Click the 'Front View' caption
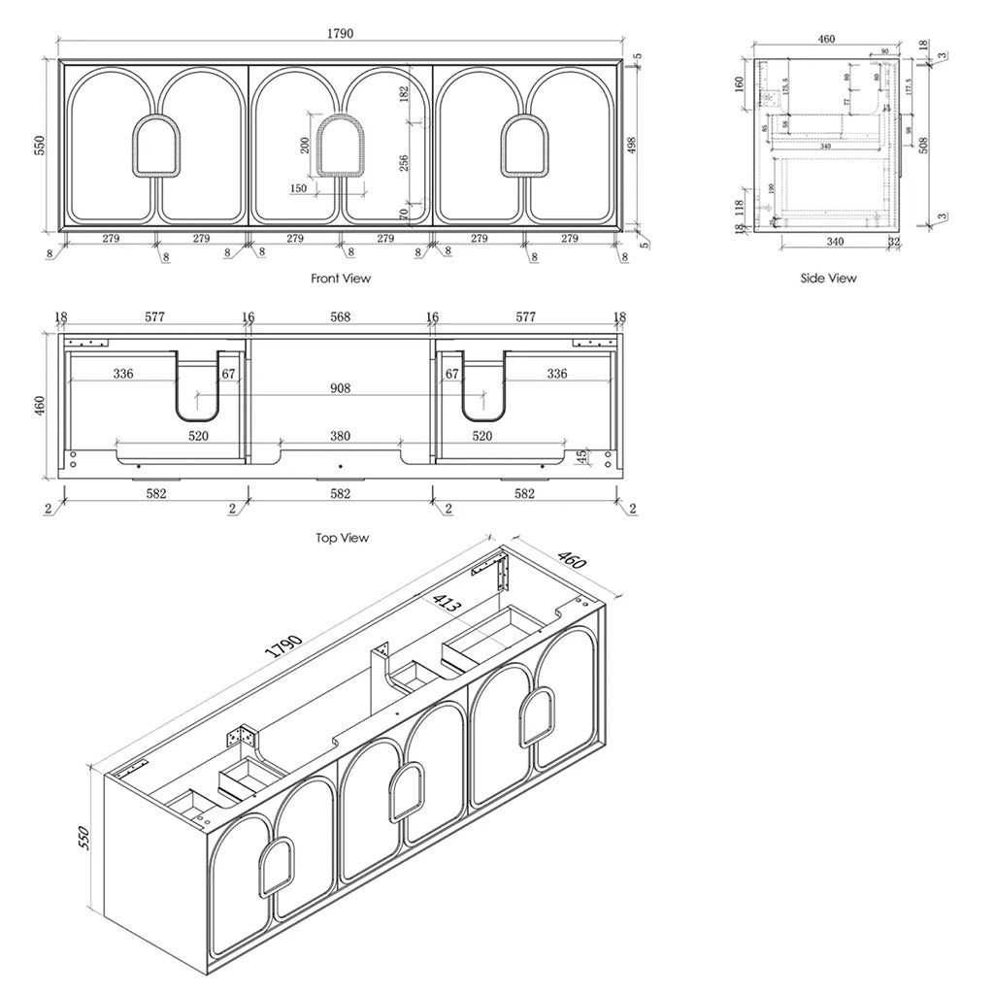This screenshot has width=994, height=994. [x=341, y=279]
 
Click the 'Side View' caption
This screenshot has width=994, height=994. [x=828, y=279]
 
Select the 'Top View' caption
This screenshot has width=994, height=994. [x=342, y=538]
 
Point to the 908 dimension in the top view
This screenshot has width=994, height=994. [x=339, y=388]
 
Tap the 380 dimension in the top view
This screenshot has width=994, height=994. [x=339, y=437]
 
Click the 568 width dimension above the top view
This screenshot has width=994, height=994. [x=340, y=317]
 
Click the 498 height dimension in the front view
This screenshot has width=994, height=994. [x=631, y=146]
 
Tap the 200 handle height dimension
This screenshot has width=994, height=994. [x=305, y=145]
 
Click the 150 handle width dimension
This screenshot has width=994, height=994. [x=298, y=188]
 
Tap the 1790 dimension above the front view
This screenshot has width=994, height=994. [x=339, y=33]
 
